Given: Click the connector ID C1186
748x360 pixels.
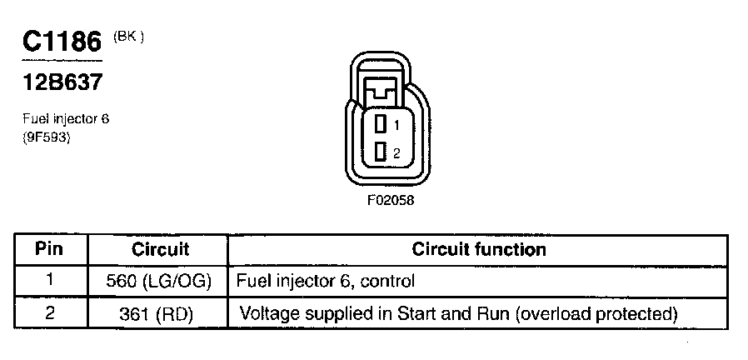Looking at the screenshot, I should (60, 42).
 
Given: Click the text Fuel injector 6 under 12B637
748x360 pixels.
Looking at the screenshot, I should (66, 119).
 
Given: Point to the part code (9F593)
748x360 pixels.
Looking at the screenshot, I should (46, 138).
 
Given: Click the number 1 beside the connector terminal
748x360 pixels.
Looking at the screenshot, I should (397, 125).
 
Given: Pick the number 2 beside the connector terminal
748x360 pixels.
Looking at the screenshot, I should (397, 152).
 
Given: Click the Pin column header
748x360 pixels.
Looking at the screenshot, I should (51, 249).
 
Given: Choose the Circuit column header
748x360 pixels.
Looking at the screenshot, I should (160, 249).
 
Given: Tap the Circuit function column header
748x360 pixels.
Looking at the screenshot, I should (479, 249).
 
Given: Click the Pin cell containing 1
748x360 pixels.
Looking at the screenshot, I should (51, 281).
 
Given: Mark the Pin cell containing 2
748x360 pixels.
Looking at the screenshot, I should (51, 313).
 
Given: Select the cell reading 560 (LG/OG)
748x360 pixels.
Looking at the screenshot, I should (160, 282).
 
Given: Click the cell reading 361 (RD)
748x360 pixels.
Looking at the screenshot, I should (160, 314).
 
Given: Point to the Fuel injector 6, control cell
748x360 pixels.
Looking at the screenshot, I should (326, 282).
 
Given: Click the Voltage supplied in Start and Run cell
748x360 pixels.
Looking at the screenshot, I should (456, 314).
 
